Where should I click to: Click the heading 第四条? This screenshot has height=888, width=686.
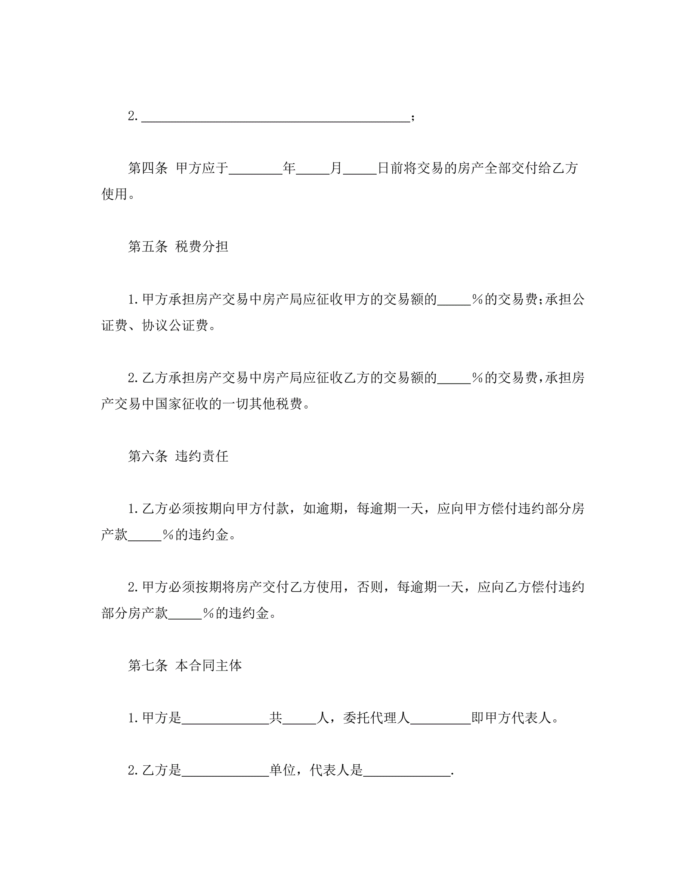[x=148, y=168]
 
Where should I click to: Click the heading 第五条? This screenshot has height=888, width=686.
[x=148, y=246]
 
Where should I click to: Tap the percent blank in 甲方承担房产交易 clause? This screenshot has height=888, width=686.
[x=454, y=300]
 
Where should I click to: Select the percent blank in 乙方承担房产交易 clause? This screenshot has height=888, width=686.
[x=454, y=378]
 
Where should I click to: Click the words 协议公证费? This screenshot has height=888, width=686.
[x=175, y=325]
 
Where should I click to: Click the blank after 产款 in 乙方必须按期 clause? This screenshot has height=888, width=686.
[x=145, y=535]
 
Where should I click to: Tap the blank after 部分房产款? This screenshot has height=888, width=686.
[x=185, y=613]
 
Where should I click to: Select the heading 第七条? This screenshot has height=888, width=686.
[x=148, y=666]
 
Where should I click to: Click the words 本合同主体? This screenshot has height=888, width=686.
[x=208, y=666]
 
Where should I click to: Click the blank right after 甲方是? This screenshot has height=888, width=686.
[x=225, y=718]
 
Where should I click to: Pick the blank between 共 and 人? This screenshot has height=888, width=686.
[x=299, y=718]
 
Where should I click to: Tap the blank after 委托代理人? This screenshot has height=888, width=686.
[x=441, y=718]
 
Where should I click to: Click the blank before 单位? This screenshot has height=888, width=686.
[x=225, y=771]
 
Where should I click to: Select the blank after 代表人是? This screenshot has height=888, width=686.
[x=407, y=771]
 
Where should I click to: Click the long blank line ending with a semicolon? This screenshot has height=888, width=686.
[x=275, y=117]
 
